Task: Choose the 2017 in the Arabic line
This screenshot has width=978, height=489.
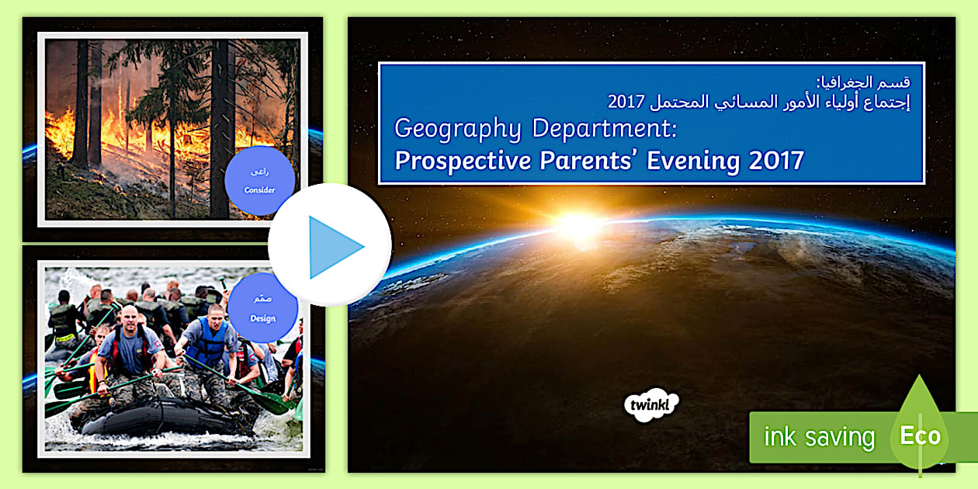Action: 623,102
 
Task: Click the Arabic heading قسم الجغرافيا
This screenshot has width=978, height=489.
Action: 872,82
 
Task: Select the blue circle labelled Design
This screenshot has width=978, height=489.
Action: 262,308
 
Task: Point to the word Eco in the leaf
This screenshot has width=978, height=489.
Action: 920,436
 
